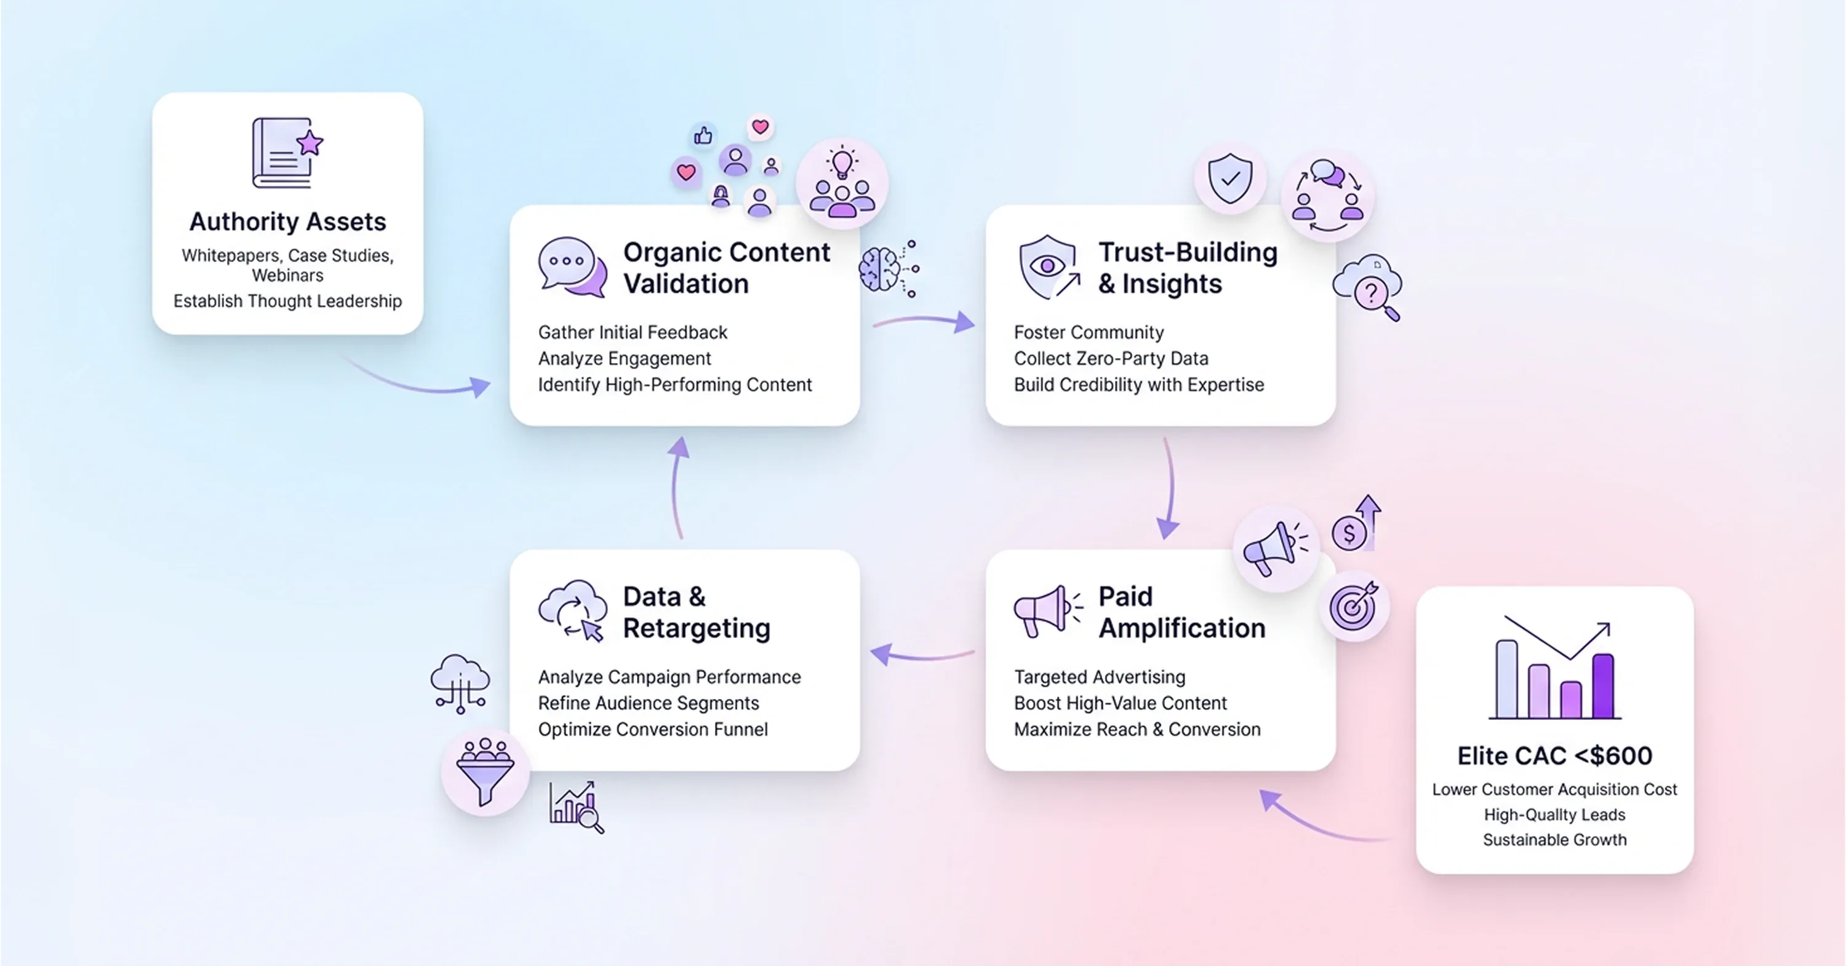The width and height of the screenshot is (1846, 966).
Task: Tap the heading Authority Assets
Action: [287, 222]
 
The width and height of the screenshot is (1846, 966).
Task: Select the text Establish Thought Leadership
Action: [287, 301]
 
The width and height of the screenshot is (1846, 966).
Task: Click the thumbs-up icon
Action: [703, 135]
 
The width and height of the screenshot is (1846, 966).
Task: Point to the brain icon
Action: [881, 269]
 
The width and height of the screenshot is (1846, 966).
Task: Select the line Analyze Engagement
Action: [624, 358]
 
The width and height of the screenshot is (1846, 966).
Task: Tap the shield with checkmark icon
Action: [1229, 178]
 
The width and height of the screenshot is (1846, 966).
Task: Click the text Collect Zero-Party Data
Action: [1111, 358]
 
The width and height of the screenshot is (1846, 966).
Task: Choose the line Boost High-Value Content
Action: [1120, 703]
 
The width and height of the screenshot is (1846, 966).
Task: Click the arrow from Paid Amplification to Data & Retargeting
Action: [922, 654]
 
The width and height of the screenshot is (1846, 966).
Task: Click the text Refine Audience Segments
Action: [648, 703]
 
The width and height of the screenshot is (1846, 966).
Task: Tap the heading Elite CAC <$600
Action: [1554, 756]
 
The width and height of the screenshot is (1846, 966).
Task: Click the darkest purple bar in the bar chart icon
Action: [1602, 686]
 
